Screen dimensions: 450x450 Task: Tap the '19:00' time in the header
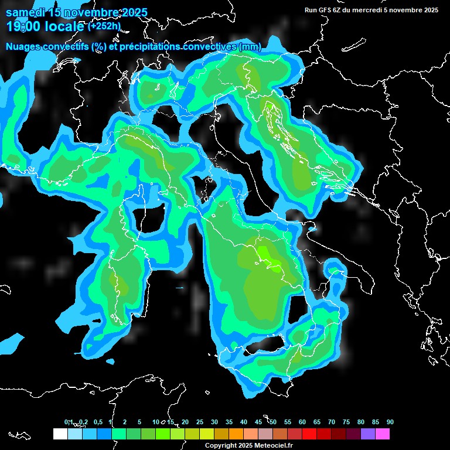click(23, 26)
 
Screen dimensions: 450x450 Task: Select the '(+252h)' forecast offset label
click(105, 26)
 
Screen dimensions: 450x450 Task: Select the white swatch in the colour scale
click(60, 434)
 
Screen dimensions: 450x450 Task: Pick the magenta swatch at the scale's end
click(382, 434)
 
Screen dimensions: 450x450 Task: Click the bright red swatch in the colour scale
click(309, 434)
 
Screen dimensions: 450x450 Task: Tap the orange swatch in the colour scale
click(236, 434)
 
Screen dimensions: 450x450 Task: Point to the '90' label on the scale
click(390, 422)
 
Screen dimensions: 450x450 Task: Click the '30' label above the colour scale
click(214, 422)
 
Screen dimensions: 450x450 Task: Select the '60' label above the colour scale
click(302, 422)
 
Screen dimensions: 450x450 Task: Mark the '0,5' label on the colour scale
click(97, 422)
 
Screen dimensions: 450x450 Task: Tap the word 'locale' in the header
click(64, 26)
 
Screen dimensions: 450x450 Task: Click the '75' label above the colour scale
click(346, 422)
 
